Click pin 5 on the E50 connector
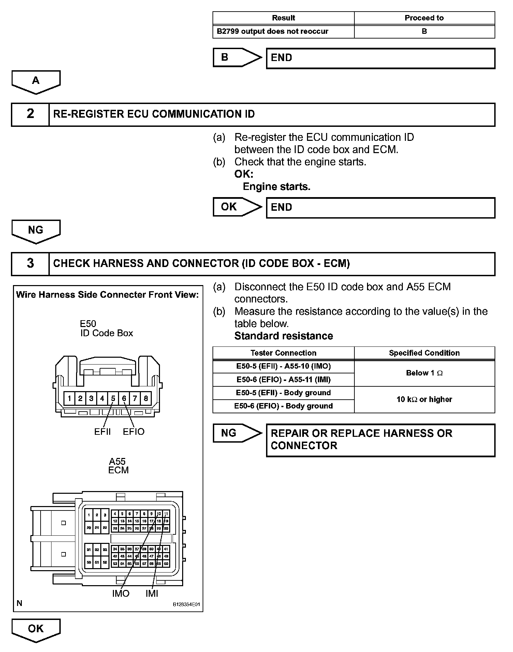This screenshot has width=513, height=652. (113, 398)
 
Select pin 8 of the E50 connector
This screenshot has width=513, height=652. (146, 398)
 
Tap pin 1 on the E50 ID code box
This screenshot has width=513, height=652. (69, 398)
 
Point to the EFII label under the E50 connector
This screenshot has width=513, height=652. (102, 432)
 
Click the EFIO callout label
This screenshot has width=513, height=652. (133, 432)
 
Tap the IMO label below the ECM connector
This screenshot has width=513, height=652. (121, 594)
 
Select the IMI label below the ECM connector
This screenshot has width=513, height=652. (152, 594)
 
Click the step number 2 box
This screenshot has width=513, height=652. (30, 114)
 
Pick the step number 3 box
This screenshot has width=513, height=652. (30, 263)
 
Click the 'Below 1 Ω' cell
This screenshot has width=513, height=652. (424, 373)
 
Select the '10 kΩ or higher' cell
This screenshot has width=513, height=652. (424, 399)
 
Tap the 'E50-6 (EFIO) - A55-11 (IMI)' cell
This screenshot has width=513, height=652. (283, 380)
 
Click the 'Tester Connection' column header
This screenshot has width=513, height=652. (283, 353)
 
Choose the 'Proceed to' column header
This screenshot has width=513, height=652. (424, 18)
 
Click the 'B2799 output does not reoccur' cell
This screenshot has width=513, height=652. (273, 31)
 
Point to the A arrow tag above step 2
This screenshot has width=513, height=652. (36, 81)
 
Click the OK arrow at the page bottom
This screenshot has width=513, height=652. (36, 629)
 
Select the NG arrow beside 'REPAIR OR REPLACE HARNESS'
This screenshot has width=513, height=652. (235, 433)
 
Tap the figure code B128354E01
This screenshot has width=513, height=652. (186, 605)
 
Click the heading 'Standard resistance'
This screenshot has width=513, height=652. (283, 336)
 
